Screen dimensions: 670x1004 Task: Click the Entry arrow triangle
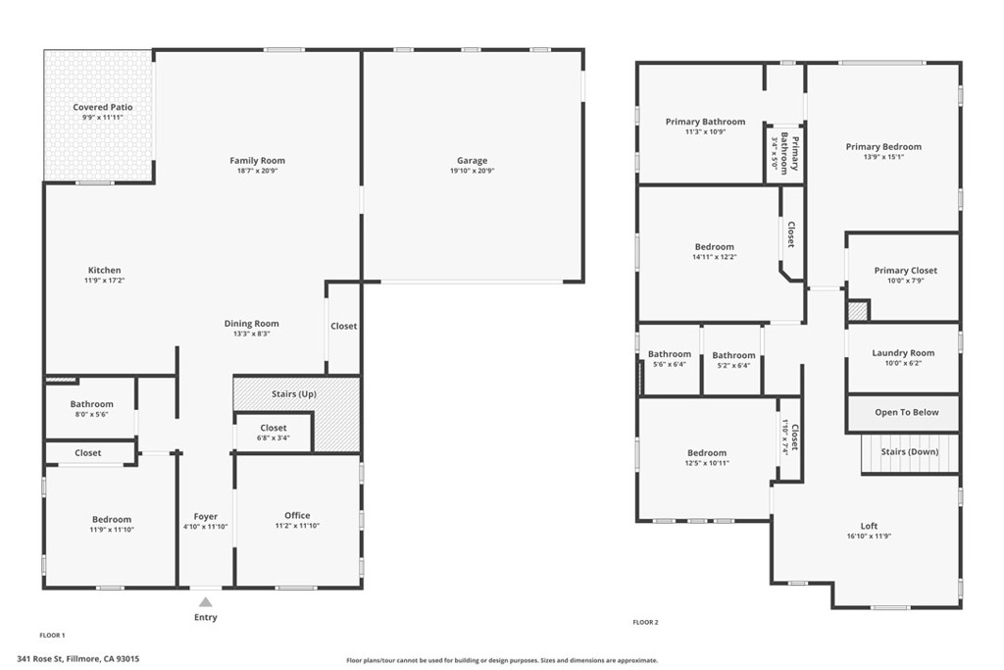[x=205, y=601]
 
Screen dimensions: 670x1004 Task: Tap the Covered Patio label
[x=102, y=107]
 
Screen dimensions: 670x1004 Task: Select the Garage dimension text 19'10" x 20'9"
[x=472, y=171]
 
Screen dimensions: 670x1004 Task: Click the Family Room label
[x=257, y=161]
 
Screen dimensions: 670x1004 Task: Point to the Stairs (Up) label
[x=294, y=394]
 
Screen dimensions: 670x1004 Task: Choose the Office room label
[x=297, y=515]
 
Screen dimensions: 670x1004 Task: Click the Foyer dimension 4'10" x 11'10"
[x=205, y=526]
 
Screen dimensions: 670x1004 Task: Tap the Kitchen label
[x=104, y=270]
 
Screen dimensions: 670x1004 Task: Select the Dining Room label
[x=252, y=324]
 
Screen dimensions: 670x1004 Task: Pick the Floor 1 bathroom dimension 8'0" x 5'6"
[x=91, y=414]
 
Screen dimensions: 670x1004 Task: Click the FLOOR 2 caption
[x=645, y=622]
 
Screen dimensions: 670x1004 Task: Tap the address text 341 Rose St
[x=78, y=659]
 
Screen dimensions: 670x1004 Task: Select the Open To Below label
[x=906, y=412]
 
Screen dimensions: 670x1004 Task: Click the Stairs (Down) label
[x=909, y=451]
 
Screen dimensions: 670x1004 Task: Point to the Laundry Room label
[x=903, y=353]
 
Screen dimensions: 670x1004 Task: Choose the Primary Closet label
[x=905, y=271]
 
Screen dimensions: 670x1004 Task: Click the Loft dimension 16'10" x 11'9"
[x=869, y=536]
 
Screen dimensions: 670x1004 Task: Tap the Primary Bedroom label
[x=883, y=147]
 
